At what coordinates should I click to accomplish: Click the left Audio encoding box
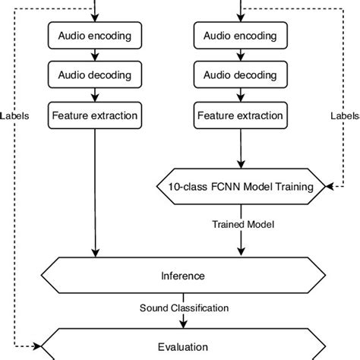click(94, 35)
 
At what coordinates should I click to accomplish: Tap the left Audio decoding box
click(94, 75)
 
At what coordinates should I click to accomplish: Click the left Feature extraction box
click(94, 116)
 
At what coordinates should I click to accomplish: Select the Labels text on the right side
click(345, 117)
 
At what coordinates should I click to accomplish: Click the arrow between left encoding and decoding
click(94, 55)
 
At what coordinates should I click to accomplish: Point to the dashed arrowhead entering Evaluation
click(37, 346)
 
